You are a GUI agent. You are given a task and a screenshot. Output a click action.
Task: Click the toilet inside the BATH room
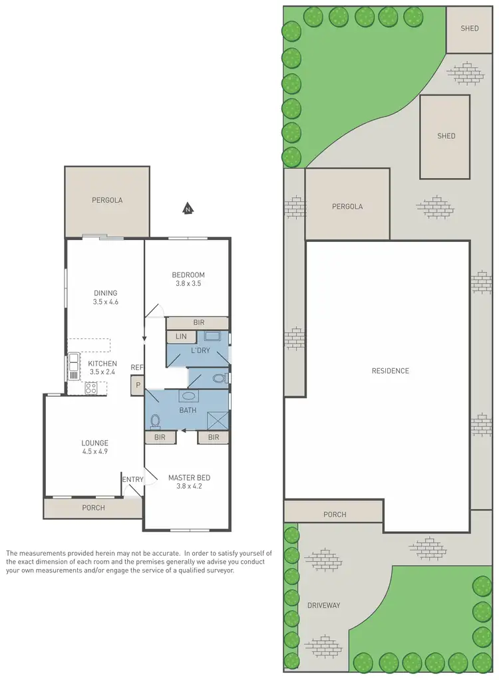point(156,421)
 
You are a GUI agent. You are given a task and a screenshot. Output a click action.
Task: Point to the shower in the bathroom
point(217,421)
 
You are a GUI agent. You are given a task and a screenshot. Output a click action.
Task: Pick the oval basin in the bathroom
point(188,396)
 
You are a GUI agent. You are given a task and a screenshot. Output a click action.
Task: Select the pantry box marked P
point(138,384)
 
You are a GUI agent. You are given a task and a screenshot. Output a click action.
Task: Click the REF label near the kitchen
point(137,367)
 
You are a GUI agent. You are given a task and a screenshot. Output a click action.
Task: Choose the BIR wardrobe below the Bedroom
point(198,322)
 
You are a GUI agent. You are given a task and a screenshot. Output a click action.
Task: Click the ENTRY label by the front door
point(132,479)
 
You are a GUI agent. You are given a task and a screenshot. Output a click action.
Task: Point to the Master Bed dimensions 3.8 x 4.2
point(189,487)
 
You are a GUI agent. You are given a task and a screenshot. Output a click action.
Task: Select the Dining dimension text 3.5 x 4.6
point(105,302)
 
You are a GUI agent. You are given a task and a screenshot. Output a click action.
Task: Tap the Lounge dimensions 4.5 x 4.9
point(94,452)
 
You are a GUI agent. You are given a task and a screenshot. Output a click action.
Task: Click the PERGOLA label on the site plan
point(347,207)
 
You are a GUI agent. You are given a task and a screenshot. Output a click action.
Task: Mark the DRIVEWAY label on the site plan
point(323,606)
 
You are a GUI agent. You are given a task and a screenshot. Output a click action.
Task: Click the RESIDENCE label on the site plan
point(390,371)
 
